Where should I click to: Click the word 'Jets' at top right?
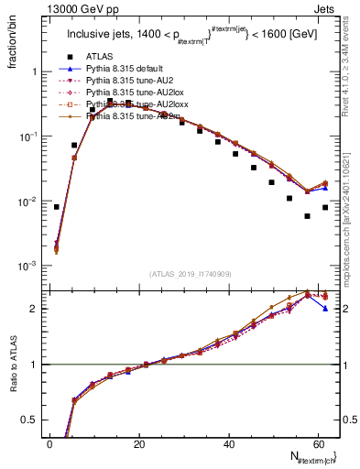pos(325,8)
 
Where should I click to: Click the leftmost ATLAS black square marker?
pos(57,207)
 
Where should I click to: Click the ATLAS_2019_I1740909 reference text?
pos(191,275)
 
